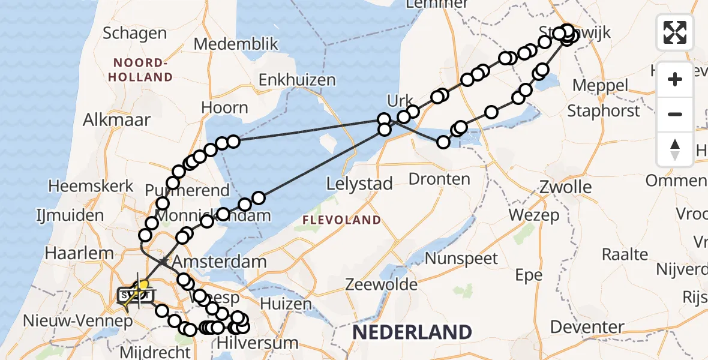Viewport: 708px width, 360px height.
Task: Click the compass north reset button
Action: point(675,149)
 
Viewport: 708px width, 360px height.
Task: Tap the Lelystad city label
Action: point(359,184)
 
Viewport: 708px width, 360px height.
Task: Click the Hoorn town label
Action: point(224,108)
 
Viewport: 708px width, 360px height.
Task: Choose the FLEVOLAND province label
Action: point(341,220)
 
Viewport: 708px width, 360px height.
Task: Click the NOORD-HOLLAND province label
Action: point(143,70)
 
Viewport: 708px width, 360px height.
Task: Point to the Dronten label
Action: point(439,179)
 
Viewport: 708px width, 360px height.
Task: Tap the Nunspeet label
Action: point(462,259)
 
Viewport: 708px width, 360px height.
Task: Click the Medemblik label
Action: point(236,44)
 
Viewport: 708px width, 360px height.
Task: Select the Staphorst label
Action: point(604,111)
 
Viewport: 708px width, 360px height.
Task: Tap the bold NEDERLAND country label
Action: point(412,332)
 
